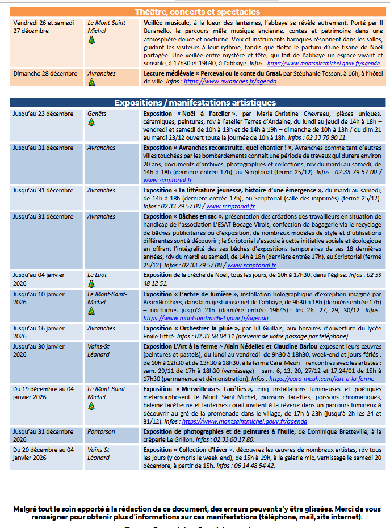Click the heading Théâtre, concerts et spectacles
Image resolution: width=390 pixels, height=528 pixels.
(198, 12)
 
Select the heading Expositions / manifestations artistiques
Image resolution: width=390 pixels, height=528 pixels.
(195, 103)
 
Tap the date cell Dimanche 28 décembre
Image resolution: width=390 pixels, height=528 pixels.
(45, 73)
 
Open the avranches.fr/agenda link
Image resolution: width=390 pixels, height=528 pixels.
(230, 82)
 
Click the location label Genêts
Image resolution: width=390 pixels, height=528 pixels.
(97, 114)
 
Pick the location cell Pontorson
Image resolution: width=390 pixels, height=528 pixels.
(101, 431)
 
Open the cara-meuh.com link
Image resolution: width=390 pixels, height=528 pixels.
(321, 379)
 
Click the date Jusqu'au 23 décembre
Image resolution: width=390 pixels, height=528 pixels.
(43, 114)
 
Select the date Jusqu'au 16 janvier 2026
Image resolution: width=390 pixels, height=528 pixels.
(39, 332)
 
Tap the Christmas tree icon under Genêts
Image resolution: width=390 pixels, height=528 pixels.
(91, 121)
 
